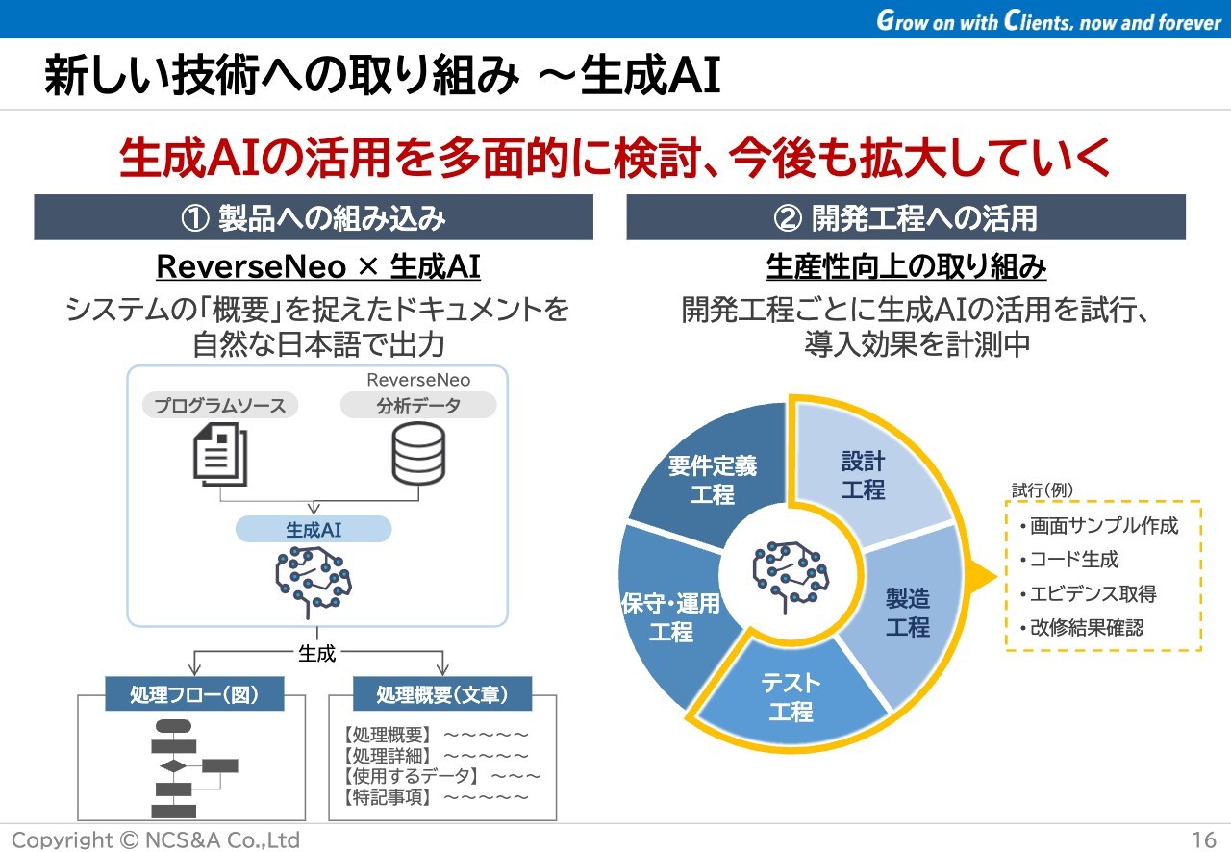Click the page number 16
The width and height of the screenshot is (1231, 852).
click(x=1203, y=839)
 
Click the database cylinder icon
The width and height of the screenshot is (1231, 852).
click(x=418, y=454)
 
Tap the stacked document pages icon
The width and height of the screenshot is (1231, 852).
click(x=220, y=454)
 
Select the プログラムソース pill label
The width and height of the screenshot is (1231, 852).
click(x=220, y=405)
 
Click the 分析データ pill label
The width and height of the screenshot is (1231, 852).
click(x=418, y=405)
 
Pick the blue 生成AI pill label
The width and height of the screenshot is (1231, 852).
click(x=314, y=529)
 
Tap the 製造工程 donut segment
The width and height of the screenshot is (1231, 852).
click(x=907, y=613)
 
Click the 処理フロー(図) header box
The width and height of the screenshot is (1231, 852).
click(x=194, y=693)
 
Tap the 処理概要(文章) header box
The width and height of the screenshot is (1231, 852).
click(x=441, y=693)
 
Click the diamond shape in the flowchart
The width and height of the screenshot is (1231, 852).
click(x=173, y=765)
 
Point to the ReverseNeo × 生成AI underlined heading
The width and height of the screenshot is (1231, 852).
click(x=318, y=267)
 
